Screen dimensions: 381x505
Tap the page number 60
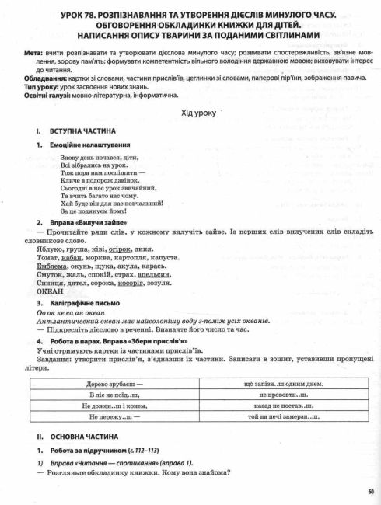pos(372,490)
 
